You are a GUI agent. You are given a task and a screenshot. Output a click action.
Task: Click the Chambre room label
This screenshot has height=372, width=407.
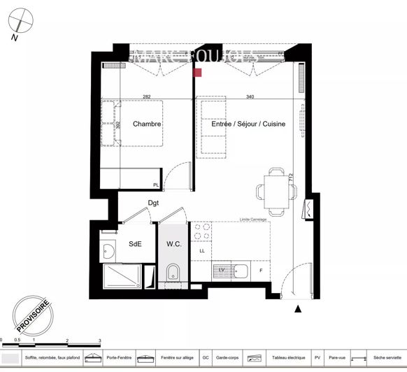click(147, 124)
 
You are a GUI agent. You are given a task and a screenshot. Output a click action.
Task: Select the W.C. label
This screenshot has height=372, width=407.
click(174, 244)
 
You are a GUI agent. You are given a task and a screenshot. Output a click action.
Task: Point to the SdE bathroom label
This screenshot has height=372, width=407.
click(135, 244)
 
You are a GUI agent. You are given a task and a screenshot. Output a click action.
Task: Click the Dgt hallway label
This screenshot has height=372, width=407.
click(153, 203)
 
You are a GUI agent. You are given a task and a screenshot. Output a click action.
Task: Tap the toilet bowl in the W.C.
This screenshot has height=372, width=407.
click(174, 272)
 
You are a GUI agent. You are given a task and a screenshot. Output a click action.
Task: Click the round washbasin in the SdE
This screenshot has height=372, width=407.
click(108, 250)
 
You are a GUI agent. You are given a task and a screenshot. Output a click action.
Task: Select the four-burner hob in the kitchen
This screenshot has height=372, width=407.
click(201, 232)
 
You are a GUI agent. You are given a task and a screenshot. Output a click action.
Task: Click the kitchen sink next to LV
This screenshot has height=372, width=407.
click(241, 269)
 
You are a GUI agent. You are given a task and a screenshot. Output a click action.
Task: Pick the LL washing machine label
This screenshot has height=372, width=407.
click(202, 250)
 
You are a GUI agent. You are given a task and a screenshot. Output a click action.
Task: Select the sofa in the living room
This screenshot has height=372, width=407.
click(213, 127)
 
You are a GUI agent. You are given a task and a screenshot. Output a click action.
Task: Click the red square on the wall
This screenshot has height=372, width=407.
click(198, 72)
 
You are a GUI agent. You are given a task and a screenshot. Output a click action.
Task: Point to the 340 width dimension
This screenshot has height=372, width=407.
click(250, 97)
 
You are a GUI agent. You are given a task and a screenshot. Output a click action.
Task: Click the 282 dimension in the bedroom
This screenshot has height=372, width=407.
click(147, 97)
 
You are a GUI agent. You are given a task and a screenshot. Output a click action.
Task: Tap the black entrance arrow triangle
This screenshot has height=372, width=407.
click(298, 308)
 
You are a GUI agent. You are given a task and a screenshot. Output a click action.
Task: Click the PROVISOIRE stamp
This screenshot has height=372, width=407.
click(33, 316)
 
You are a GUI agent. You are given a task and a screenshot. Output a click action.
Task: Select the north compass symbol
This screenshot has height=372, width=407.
click(21, 26)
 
